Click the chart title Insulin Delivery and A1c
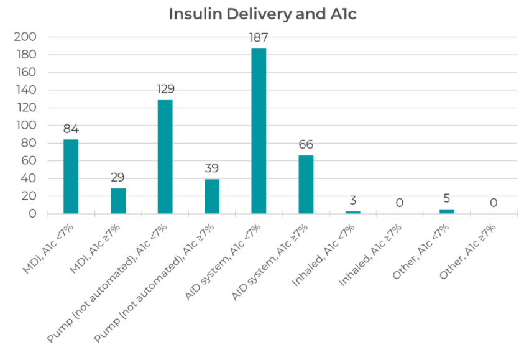(x=262, y=14)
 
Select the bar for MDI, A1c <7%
(x=71, y=177)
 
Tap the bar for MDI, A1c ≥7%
(x=118, y=201)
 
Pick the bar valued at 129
(x=165, y=157)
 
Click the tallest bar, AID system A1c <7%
(x=259, y=131)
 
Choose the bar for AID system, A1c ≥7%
(x=306, y=185)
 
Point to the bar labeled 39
(x=212, y=196)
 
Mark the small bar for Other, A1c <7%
(x=446, y=211)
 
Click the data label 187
(x=259, y=38)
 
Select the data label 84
(x=71, y=129)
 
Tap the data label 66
(x=306, y=145)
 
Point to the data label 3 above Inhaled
(x=352, y=201)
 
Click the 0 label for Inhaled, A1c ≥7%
(x=400, y=203)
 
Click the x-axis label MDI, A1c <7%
(x=48, y=248)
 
